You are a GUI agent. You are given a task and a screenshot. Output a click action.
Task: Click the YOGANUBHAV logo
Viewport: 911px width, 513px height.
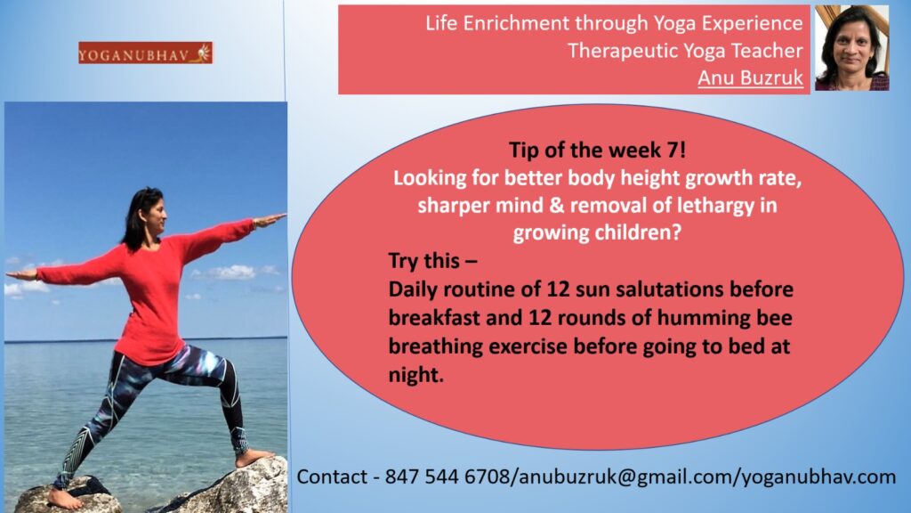click(145, 53)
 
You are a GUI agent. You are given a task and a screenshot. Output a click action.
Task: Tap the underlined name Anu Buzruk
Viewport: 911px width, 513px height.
click(750, 77)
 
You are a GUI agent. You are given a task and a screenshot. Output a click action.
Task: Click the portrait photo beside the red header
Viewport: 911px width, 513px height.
click(851, 48)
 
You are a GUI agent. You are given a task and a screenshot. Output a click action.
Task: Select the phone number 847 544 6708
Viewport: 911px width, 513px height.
click(447, 476)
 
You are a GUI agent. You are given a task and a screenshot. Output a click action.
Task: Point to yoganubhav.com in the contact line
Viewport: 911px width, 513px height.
click(819, 477)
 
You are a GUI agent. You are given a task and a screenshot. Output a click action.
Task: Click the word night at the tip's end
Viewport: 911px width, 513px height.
click(413, 375)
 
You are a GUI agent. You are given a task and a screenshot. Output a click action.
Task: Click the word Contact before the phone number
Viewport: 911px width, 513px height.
click(332, 476)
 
